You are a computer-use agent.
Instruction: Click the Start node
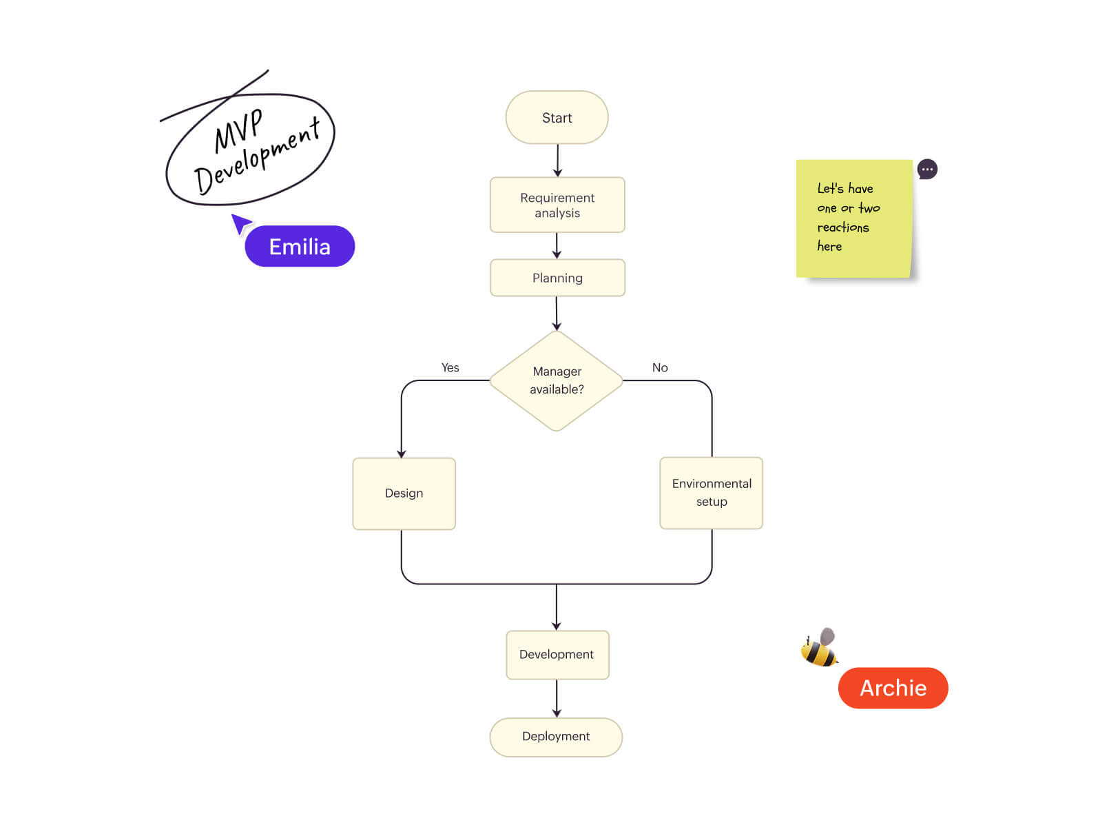557,118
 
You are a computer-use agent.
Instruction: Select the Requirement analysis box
557,205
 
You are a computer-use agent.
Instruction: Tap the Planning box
557,278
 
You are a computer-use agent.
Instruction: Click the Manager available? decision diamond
557,380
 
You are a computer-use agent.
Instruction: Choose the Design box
404,493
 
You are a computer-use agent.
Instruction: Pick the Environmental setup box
711,493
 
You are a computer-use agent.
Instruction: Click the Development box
557,655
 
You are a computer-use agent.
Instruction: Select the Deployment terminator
556,737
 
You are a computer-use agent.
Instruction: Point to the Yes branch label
450,368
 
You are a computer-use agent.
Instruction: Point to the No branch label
660,368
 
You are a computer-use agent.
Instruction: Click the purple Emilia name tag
300,247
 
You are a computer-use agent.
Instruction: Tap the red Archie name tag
893,688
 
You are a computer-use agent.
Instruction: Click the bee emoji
819,648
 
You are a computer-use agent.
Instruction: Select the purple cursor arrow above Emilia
240,223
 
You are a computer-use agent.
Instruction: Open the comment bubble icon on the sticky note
927,170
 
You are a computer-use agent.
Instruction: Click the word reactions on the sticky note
843,227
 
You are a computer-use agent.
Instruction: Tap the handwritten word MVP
238,130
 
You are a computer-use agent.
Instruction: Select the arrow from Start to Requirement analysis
557,161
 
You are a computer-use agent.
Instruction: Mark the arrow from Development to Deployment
557,698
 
